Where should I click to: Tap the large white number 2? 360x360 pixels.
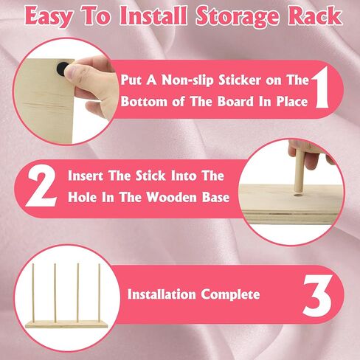(x=41, y=187)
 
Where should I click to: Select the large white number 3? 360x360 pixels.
(x=317, y=295)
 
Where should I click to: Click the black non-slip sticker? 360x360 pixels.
(x=62, y=69)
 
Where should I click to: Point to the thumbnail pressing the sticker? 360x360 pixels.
(x=71, y=71)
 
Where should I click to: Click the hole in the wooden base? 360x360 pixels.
(x=298, y=195)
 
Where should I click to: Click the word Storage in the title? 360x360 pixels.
(x=238, y=16)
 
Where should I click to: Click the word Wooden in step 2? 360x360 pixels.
(x=173, y=197)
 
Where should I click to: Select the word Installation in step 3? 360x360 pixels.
(x=162, y=294)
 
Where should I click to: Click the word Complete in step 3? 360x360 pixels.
(x=230, y=294)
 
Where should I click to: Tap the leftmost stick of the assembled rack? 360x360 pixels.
(x=33, y=292)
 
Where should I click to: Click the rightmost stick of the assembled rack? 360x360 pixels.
(x=100, y=292)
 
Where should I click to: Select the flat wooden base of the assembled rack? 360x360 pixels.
(x=67, y=325)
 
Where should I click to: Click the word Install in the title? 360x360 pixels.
(x=153, y=15)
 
